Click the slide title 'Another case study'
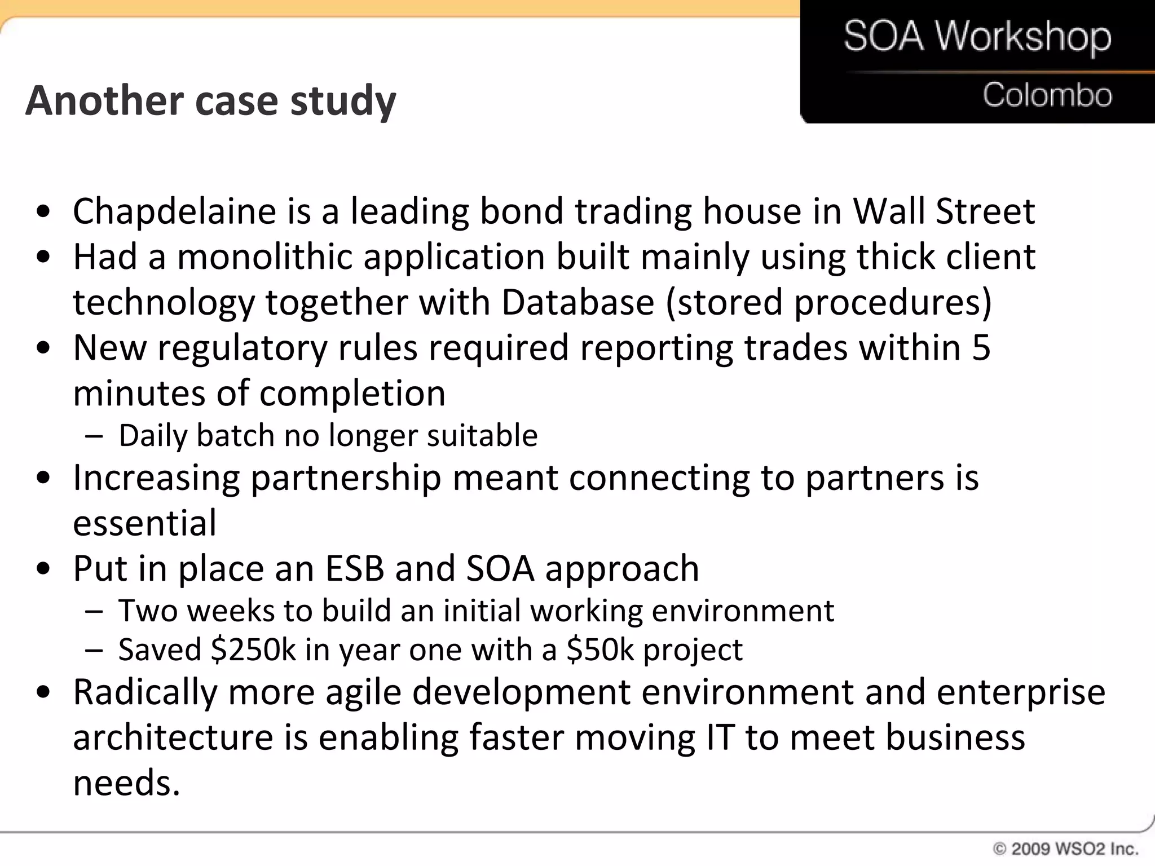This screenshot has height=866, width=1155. tap(210, 101)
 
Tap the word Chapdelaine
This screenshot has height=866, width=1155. tap(174, 211)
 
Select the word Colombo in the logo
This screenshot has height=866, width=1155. tap(1047, 95)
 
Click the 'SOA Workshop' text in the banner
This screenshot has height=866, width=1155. tap(977, 37)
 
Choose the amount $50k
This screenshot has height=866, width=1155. tap(600, 649)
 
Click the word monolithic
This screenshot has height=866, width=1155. tap(265, 257)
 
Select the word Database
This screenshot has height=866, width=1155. tap(577, 302)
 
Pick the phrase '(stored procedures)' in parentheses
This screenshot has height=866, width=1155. tap(828, 302)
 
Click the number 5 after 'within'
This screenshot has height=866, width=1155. tap(981, 348)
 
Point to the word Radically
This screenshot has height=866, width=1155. tap(145, 692)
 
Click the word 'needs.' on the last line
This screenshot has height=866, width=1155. tap(126, 783)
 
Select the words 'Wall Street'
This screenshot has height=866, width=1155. tap(944, 211)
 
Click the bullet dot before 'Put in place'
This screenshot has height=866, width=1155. tap(43, 568)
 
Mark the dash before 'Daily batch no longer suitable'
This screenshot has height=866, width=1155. tap(94, 436)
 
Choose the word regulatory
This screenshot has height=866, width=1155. tap(242, 348)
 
